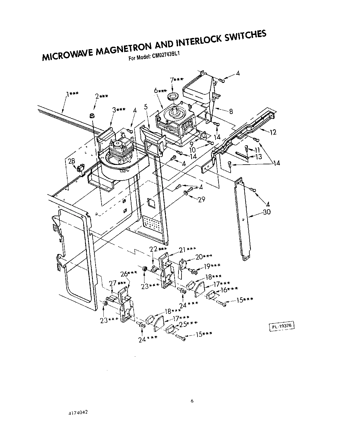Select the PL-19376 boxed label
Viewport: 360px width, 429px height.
pos(281,326)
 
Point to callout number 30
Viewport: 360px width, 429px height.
pos(267,212)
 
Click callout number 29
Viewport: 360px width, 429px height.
pos(201,199)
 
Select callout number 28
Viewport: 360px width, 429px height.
pos(71,161)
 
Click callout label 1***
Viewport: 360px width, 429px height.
pos(72,94)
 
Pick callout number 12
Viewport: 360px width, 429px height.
pos(273,132)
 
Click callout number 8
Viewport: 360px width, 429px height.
pos(231,112)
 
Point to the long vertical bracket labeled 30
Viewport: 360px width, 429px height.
pos(243,220)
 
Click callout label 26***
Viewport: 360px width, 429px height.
pos(128,274)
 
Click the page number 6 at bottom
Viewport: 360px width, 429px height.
pos(192,401)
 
